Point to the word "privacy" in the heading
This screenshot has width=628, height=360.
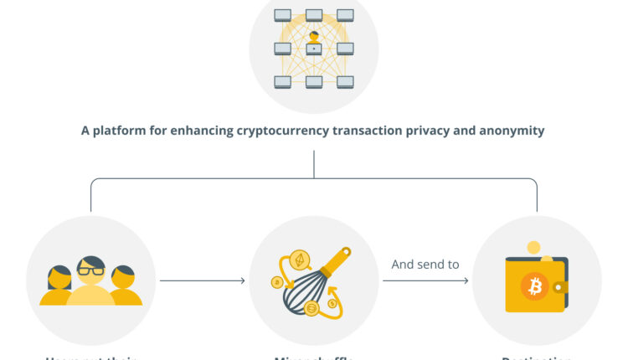pos(420,131)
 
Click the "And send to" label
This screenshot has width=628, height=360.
pos(425,265)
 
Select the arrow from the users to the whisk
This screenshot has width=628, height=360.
pos(203,280)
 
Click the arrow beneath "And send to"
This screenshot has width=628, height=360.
pos(425,280)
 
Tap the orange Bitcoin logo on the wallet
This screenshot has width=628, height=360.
pos(533,287)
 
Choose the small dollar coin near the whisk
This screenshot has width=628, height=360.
pos(333,303)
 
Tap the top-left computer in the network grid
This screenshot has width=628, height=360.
pos(282,15)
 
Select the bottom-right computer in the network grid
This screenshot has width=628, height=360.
pos(345,81)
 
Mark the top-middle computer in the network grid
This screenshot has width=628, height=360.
pos(314,15)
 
